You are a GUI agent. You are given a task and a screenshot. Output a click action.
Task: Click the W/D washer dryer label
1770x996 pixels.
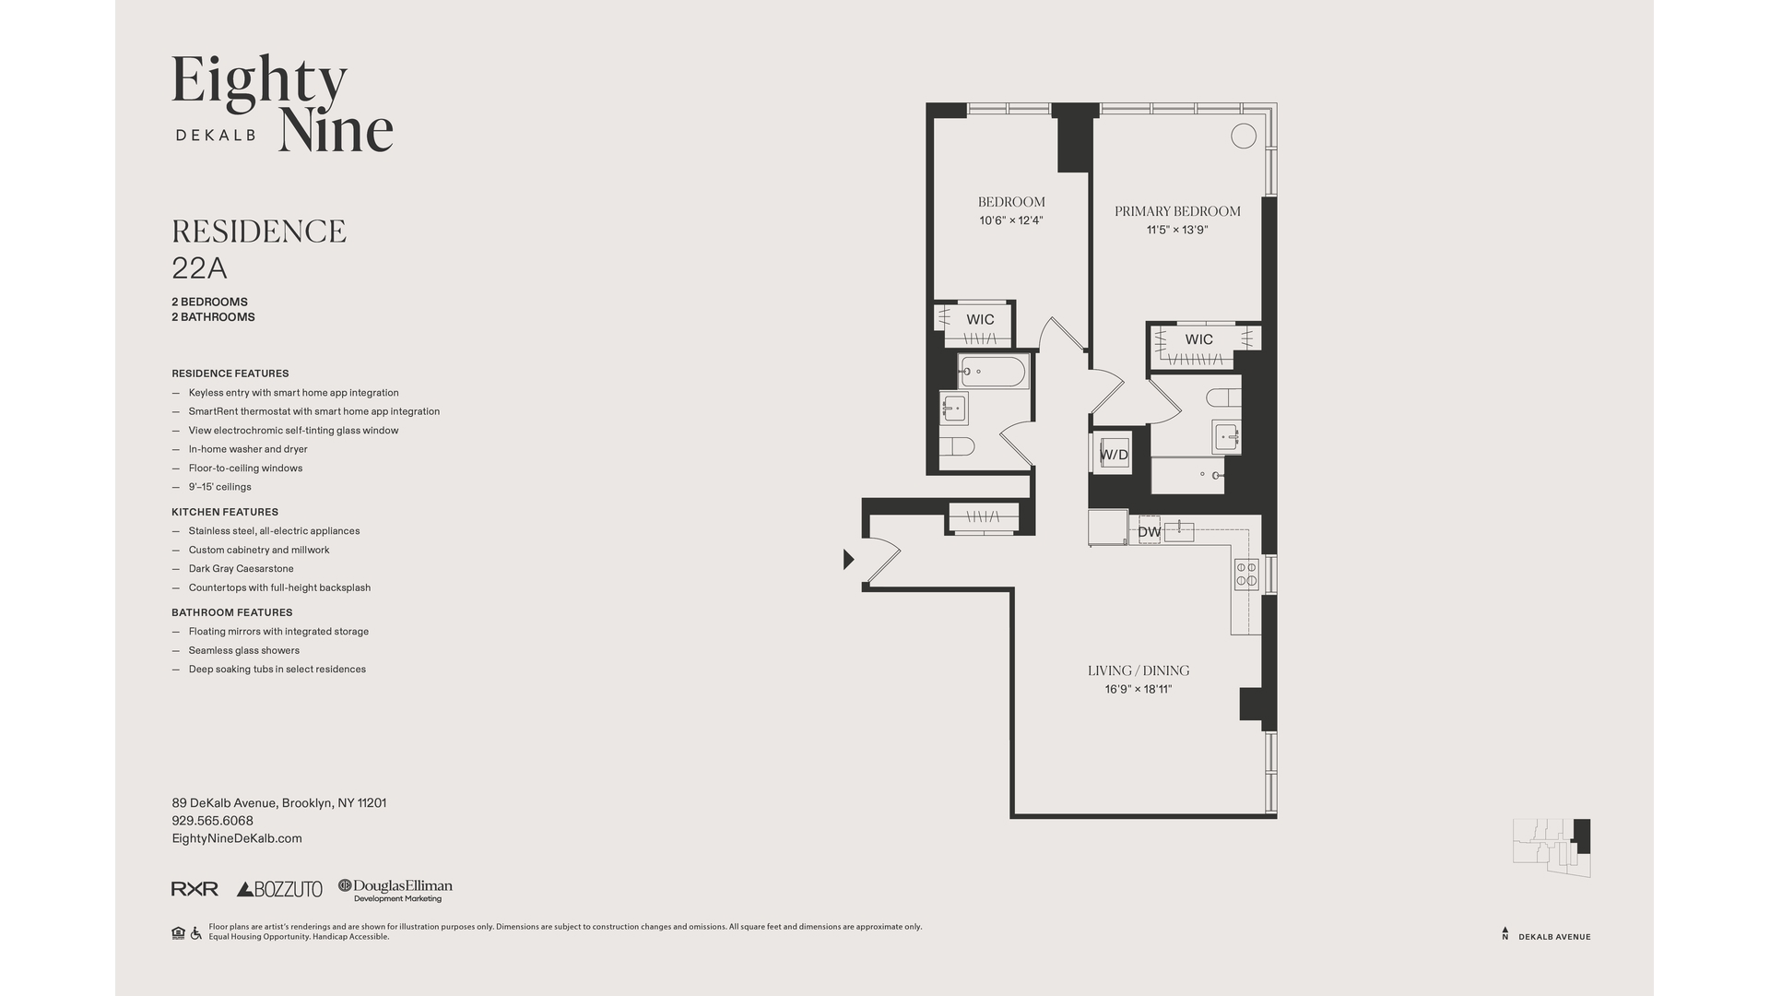tap(1114, 455)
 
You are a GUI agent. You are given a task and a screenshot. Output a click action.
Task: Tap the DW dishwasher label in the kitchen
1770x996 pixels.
tap(1149, 532)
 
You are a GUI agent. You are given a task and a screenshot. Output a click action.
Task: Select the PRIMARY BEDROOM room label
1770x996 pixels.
tap(1177, 211)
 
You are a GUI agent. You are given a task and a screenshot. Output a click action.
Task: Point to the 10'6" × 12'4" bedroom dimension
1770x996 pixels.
tap(1011, 220)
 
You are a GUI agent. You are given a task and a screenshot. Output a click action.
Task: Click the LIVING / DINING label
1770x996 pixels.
tap(1139, 670)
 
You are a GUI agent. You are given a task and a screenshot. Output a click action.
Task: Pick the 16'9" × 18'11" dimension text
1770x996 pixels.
tap(1139, 689)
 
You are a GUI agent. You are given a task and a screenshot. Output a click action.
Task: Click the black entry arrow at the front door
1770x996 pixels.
tap(849, 559)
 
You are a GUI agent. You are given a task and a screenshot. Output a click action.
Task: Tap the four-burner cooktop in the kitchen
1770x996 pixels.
tap(1246, 574)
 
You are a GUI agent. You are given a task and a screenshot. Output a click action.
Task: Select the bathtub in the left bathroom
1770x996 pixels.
tap(992, 372)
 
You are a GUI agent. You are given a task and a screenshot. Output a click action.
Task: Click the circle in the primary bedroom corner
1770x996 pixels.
tap(1244, 136)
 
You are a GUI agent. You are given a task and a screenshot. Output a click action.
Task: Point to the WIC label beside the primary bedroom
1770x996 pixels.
tap(1198, 339)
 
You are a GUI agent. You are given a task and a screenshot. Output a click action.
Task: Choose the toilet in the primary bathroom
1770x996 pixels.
tap(1224, 398)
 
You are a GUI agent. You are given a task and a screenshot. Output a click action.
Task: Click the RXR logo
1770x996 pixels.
tap(195, 889)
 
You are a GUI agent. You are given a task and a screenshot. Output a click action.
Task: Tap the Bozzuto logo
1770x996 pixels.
tap(279, 889)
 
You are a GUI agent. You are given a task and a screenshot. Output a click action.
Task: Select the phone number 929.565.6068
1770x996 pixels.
tap(212, 821)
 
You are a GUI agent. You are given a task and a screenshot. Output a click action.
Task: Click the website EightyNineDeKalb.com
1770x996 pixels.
tap(237, 838)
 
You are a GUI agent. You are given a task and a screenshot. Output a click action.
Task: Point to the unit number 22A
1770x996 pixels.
tap(199, 268)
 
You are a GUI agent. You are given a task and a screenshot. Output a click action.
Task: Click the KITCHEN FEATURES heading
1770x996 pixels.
tap(225, 512)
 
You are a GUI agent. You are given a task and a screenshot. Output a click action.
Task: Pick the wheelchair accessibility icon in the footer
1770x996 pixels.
tap(195, 933)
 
